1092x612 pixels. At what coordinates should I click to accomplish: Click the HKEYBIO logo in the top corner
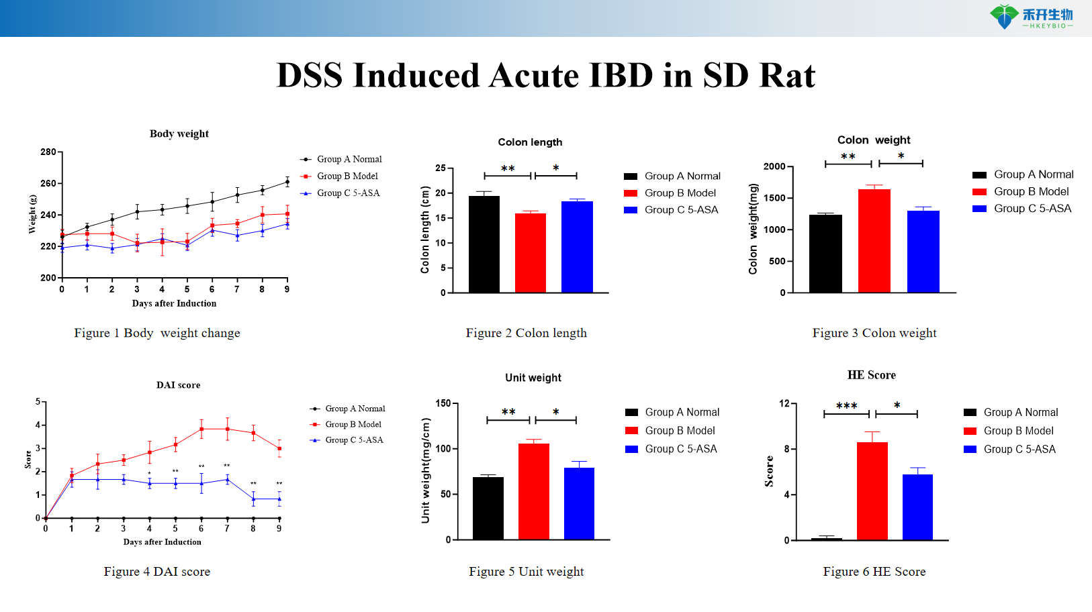[x=1031, y=17]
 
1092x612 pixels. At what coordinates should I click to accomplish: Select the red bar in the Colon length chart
[x=531, y=253]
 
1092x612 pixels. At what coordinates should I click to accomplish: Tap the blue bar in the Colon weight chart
[x=923, y=252]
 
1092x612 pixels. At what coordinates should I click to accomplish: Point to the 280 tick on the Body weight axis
[x=48, y=152]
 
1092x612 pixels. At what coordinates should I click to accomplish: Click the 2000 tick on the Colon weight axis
[x=774, y=166]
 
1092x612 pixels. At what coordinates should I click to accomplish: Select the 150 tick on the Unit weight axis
[x=443, y=403]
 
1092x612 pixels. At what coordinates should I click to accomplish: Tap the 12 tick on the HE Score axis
[x=784, y=403]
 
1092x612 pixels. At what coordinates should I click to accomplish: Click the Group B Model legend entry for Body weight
[x=347, y=176]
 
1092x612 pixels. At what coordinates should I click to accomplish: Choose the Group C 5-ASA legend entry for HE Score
[x=1019, y=449]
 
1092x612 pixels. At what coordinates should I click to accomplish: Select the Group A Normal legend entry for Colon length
[x=682, y=176]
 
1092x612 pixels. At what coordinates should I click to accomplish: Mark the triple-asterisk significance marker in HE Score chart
[x=846, y=406]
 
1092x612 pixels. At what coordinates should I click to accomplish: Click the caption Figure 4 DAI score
[x=157, y=572]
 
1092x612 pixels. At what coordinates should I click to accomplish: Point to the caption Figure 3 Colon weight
[x=874, y=333]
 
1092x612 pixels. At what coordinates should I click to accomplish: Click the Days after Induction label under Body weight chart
[x=174, y=303]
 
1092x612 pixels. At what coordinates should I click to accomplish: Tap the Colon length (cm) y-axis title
[x=425, y=229]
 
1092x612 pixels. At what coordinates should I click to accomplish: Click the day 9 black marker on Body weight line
[x=287, y=182]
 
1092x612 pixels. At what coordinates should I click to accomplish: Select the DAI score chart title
[x=178, y=385]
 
